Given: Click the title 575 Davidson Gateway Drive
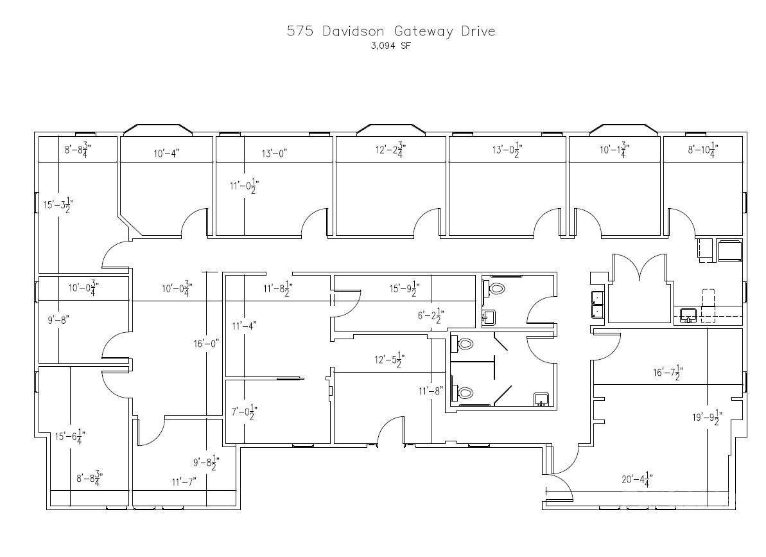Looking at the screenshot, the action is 391,31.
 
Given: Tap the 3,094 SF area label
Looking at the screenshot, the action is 391,46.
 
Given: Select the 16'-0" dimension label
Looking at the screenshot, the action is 206,344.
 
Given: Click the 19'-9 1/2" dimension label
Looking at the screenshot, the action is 708,417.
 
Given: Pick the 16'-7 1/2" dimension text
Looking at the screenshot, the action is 668,373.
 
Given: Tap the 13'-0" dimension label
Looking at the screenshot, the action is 274,154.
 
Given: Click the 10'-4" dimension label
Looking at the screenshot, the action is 166,154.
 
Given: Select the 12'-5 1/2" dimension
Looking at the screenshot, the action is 389,360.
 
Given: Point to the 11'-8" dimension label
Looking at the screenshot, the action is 431,391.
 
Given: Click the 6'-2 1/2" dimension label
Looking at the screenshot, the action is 431,315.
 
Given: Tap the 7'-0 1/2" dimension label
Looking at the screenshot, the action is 244,412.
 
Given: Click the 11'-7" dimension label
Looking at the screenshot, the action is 184,482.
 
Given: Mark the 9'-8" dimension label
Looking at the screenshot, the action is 58,320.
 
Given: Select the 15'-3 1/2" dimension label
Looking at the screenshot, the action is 58,204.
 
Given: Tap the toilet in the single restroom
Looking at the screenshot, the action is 494,288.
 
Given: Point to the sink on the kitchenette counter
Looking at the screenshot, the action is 688,315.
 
